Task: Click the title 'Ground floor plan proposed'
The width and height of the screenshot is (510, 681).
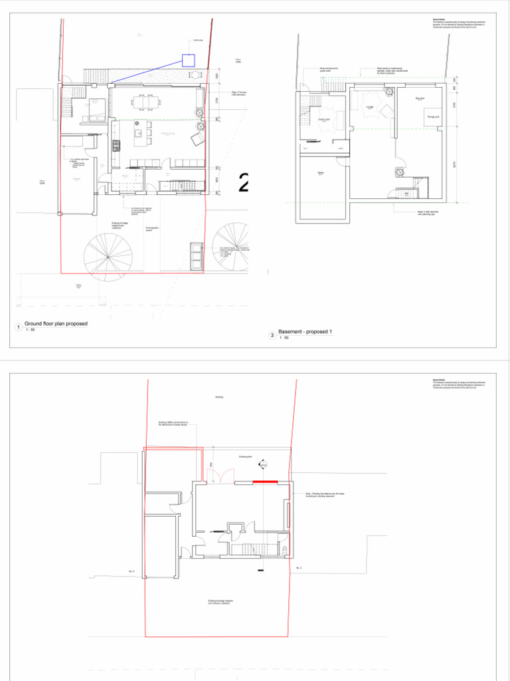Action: [56, 324]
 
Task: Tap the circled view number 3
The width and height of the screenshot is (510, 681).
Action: [272, 336]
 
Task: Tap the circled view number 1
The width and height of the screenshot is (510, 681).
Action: [17, 327]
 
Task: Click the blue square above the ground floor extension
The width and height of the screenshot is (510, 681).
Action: [188, 60]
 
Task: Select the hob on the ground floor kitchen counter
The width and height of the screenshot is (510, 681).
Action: [116, 146]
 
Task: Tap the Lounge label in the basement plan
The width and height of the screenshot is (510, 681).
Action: [369, 105]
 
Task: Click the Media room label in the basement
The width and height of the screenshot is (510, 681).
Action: [320, 174]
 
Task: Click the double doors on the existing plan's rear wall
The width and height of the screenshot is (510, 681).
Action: [218, 475]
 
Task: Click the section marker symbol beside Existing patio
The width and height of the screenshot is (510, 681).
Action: [263, 465]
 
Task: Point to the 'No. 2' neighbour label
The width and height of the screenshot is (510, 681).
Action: [299, 567]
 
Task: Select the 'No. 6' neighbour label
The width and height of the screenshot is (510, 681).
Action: [131, 571]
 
